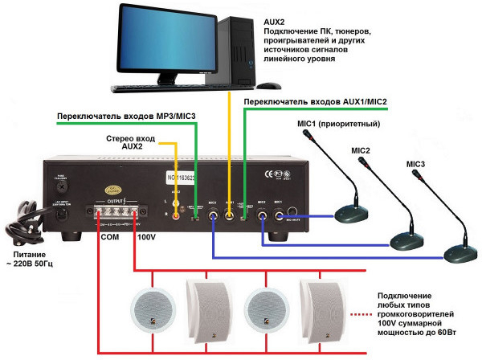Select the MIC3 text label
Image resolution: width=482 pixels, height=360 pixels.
[415, 164]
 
